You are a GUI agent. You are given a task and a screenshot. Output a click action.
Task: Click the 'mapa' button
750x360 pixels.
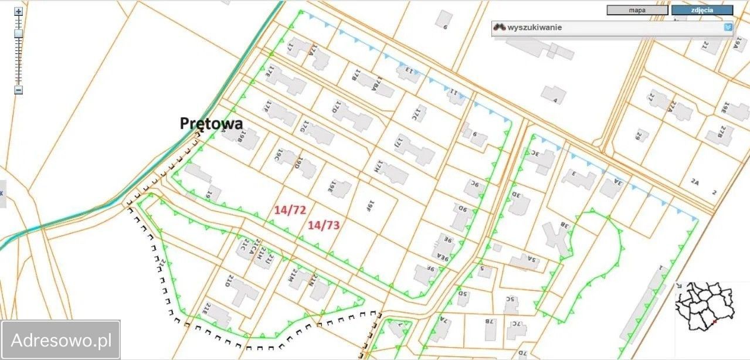pyautogui.click(x=637, y=10)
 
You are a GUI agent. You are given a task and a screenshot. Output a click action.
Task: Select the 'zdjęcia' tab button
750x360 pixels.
pyautogui.click(x=702, y=10)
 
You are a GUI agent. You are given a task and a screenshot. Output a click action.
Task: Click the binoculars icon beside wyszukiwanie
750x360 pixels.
pyautogui.click(x=499, y=28)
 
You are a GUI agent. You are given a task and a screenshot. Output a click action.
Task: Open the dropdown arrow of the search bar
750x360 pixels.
pyautogui.click(x=728, y=27)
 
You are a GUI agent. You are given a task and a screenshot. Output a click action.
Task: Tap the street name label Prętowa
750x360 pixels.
pyautogui.click(x=211, y=123)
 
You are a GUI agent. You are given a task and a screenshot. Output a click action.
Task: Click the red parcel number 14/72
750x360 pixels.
pyautogui.click(x=289, y=209)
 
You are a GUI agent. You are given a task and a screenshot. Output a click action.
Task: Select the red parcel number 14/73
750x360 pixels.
pyautogui.click(x=324, y=224)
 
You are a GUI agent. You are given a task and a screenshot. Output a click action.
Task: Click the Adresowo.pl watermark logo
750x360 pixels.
pyautogui.click(x=61, y=339)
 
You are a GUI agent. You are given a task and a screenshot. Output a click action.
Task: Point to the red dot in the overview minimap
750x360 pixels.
pyautogui.click(x=714, y=322)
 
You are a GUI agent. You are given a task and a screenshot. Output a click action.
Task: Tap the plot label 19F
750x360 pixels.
pyautogui.click(x=370, y=205)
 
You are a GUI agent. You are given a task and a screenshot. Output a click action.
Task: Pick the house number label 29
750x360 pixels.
pyautogui.click(x=638, y=136)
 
